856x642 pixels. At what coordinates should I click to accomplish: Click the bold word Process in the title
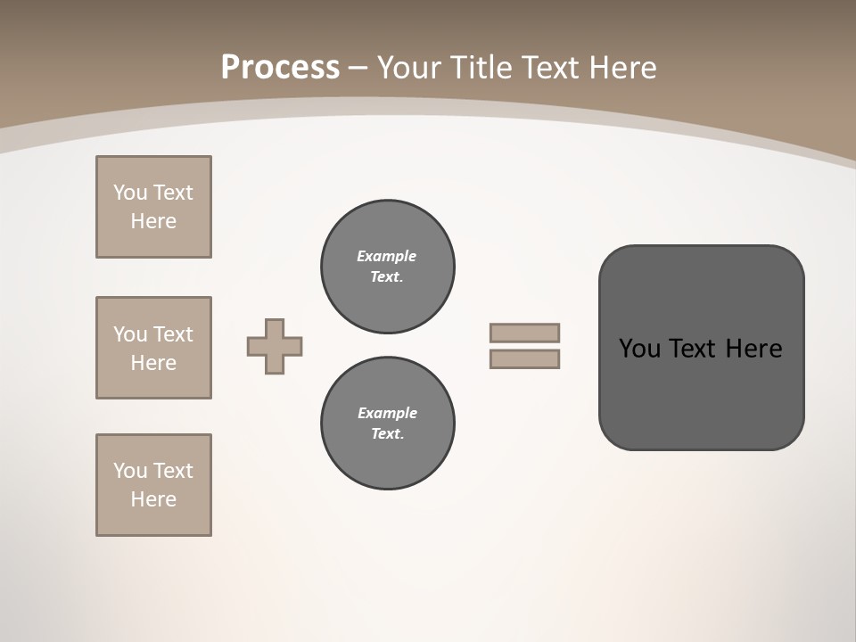[280, 68]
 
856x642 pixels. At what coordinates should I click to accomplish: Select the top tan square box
[153, 207]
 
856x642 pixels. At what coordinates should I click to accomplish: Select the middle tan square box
[153, 348]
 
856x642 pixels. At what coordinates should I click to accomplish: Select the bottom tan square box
[153, 485]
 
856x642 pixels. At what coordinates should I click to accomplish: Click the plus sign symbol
[275, 346]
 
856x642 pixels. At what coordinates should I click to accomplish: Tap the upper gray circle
[387, 267]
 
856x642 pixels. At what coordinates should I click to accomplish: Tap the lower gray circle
[387, 424]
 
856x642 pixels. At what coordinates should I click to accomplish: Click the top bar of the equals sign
[524, 333]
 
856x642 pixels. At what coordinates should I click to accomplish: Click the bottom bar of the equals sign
[524, 358]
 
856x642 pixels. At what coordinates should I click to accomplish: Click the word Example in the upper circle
[386, 256]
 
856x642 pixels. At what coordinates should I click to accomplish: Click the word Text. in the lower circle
[387, 434]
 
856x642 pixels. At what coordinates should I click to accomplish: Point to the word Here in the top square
[153, 221]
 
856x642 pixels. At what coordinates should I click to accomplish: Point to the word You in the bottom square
[129, 471]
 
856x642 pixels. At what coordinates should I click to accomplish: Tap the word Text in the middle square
[172, 334]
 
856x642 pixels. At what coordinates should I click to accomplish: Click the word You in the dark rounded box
[639, 349]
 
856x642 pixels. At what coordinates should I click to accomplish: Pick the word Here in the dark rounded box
[753, 349]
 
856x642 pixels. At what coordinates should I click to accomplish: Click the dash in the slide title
[358, 68]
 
